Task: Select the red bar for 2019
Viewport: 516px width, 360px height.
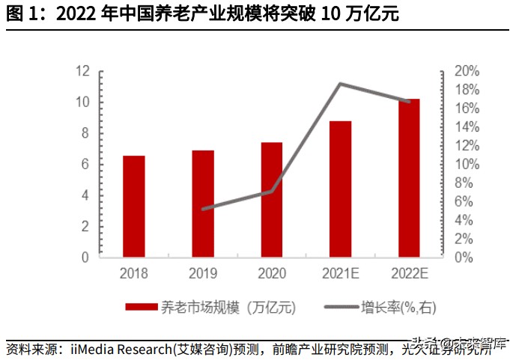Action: point(203,203)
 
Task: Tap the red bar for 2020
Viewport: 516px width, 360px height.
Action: point(272,199)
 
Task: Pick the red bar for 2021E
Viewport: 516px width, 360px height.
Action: point(340,189)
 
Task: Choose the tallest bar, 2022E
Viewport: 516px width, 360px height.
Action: point(409,177)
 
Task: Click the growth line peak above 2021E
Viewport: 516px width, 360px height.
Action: point(341,84)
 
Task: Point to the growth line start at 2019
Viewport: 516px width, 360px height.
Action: point(203,209)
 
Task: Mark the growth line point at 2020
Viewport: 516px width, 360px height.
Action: point(272,191)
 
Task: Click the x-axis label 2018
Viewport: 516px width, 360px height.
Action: point(134,274)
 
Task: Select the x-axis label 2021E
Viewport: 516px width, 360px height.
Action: point(340,274)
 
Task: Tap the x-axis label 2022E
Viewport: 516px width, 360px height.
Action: point(409,274)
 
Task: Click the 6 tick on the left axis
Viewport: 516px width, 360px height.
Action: point(85,164)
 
